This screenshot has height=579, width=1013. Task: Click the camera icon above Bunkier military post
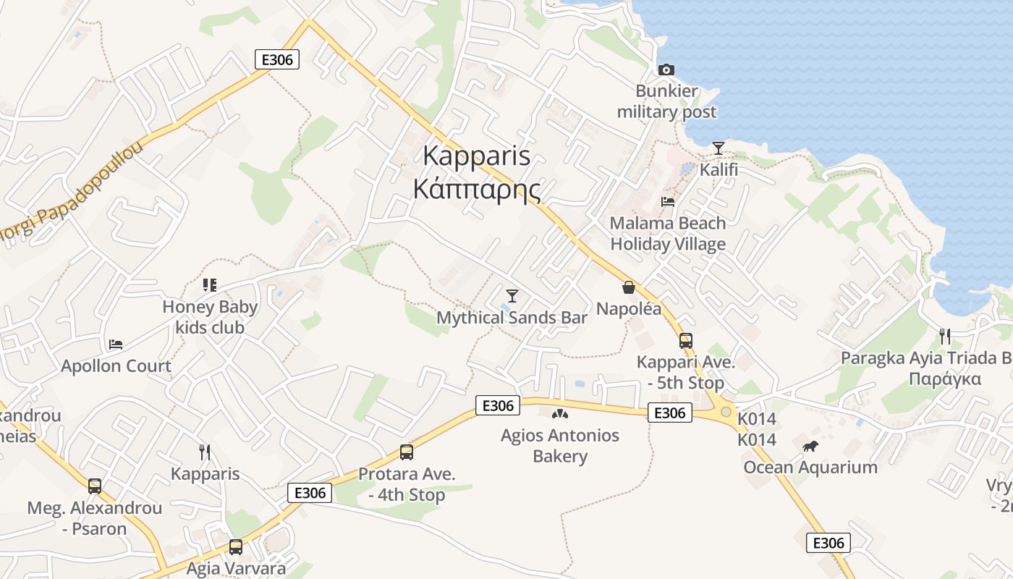click(x=666, y=69)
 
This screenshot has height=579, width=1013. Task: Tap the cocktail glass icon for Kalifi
click(x=718, y=148)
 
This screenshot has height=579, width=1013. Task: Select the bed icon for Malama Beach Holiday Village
click(x=668, y=201)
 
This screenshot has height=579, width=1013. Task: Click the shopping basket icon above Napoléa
click(x=629, y=287)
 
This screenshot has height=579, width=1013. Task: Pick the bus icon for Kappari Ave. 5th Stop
click(x=685, y=340)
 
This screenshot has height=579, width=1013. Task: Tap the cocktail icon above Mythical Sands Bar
click(x=512, y=295)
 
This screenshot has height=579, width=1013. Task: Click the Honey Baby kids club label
click(x=210, y=317)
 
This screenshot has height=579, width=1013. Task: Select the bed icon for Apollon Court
click(x=116, y=344)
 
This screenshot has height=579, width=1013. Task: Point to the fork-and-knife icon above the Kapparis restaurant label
click(x=205, y=452)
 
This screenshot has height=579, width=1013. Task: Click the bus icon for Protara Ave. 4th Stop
click(x=407, y=452)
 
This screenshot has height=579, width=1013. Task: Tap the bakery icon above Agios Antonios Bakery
click(x=560, y=414)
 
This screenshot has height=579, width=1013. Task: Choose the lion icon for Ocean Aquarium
click(x=810, y=446)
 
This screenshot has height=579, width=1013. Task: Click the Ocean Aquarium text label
click(x=810, y=467)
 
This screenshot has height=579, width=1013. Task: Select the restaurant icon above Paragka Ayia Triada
click(x=944, y=336)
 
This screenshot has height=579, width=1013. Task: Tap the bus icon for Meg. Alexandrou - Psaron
click(x=95, y=486)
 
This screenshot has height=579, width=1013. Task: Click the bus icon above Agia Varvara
click(x=236, y=547)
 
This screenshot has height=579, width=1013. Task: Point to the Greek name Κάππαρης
click(x=477, y=188)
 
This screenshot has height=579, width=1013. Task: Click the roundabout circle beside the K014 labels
click(x=725, y=411)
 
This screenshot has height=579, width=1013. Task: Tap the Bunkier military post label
click(x=667, y=101)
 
